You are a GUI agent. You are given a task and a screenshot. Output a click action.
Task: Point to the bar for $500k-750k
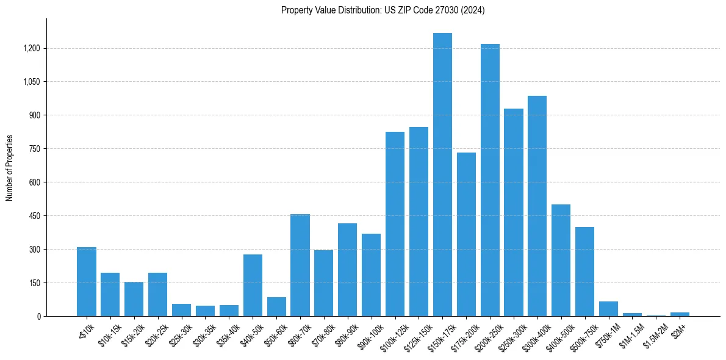tap(584, 272)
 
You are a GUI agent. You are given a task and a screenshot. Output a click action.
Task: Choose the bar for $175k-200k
tap(466, 234)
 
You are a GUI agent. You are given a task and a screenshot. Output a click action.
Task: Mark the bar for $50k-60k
tap(276, 307)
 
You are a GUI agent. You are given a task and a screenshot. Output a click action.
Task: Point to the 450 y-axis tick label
tap(35, 216)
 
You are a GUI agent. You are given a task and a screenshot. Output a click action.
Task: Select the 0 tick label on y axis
tap(38, 317)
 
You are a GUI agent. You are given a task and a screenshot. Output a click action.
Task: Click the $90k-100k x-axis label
tap(368, 333)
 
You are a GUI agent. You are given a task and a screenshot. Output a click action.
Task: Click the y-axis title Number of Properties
tap(10, 168)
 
